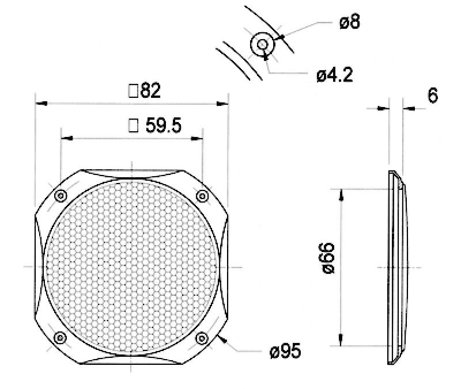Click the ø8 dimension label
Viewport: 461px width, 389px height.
(350, 23)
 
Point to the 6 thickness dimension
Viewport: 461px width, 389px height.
(432, 96)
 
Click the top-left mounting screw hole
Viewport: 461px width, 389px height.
(61, 197)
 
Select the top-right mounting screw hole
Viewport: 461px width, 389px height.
(202, 197)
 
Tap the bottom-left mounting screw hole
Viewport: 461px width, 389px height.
(60, 338)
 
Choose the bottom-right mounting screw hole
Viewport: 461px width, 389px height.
(202, 338)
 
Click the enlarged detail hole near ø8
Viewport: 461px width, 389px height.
(262, 44)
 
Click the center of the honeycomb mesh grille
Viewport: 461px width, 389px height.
(132, 268)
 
